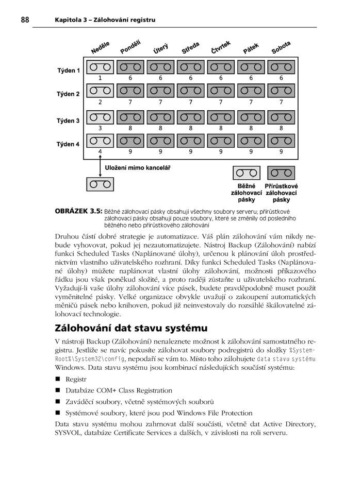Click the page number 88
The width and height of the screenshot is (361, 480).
pyautogui.click(x=24, y=20)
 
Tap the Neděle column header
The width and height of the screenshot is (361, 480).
pyautogui.click(x=100, y=48)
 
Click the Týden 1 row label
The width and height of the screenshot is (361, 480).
pyautogui.click(x=68, y=71)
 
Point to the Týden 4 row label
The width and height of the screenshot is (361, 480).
pyautogui.click(x=68, y=144)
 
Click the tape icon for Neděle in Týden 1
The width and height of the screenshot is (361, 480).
pyautogui.click(x=100, y=67)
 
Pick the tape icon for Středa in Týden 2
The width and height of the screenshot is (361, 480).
pyautogui.click(x=190, y=91)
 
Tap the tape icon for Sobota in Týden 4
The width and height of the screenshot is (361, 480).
pyautogui.click(x=281, y=141)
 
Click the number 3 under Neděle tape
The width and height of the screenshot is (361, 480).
pyautogui.click(x=100, y=128)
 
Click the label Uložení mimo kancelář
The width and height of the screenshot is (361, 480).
pyautogui.click(x=138, y=167)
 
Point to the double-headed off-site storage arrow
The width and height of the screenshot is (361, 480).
pyautogui.click(x=100, y=166)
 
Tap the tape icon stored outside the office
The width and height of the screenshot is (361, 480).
pyautogui.click(x=100, y=183)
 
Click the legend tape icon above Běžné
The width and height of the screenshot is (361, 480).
pyautogui.click(x=246, y=173)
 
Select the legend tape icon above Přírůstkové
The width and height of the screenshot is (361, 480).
pyautogui.click(x=281, y=173)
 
